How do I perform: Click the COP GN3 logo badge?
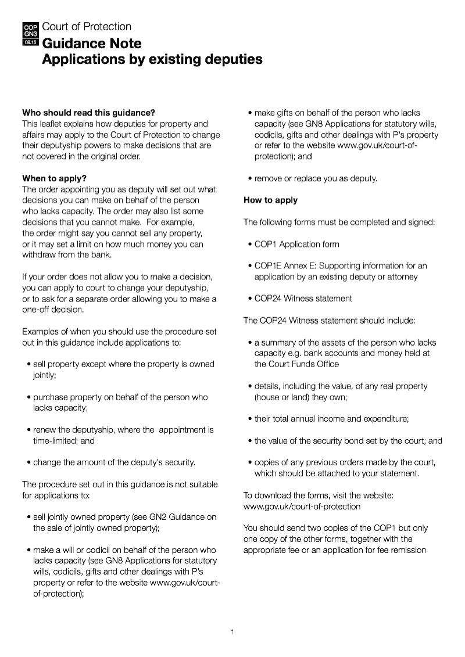30,35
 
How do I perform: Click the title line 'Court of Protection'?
87,27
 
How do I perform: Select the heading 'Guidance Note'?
92,44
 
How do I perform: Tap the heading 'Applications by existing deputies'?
152,59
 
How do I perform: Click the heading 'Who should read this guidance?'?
88,113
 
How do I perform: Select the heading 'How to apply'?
270,200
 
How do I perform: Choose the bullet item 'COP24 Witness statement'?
303,299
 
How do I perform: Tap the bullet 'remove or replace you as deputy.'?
316,178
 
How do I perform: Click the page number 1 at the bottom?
232,632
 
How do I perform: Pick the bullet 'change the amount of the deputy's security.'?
114,462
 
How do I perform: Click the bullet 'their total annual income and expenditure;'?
331,419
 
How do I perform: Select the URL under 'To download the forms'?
302,507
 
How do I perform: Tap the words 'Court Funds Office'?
296,364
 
